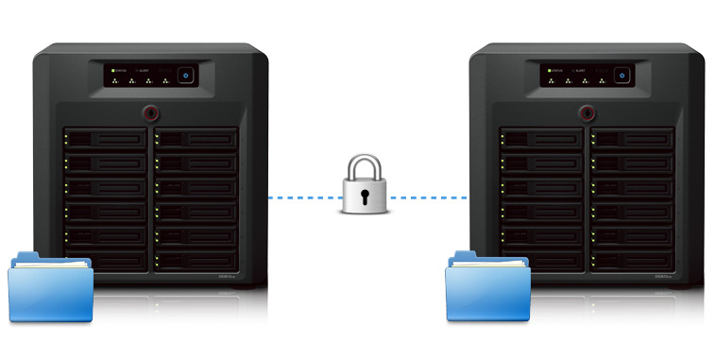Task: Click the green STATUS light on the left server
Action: (111, 70)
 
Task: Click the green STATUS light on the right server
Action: (546, 70)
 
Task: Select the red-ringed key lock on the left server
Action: (151, 113)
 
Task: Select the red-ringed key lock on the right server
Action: (586, 113)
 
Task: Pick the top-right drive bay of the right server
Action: (630, 139)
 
